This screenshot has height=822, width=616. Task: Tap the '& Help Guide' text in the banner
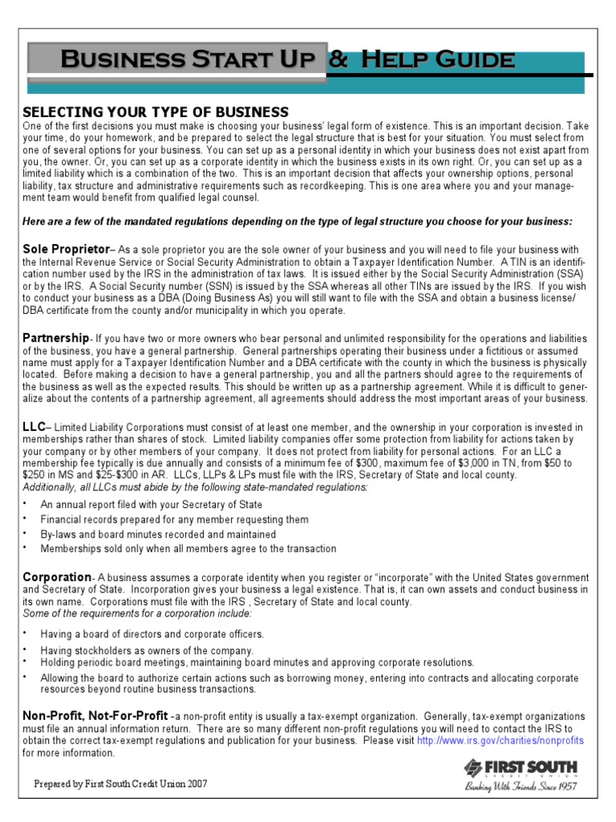click(x=422, y=59)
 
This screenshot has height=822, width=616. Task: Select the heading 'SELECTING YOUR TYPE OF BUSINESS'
click(x=156, y=111)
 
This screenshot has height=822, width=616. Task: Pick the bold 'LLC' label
click(x=33, y=427)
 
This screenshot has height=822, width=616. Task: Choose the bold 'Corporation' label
click(x=57, y=577)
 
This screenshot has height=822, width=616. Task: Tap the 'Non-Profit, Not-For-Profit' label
click(x=95, y=714)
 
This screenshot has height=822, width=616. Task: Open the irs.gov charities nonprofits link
click(x=500, y=740)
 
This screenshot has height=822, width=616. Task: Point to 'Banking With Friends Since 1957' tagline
click(x=521, y=787)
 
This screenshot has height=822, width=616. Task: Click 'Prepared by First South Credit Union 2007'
click(x=120, y=783)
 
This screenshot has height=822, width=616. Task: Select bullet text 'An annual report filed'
click(x=152, y=505)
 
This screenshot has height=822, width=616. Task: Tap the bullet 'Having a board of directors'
click(x=152, y=634)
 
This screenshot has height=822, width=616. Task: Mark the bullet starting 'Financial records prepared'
click(x=174, y=519)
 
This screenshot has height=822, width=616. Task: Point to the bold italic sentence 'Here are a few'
click(x=298, y=221)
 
